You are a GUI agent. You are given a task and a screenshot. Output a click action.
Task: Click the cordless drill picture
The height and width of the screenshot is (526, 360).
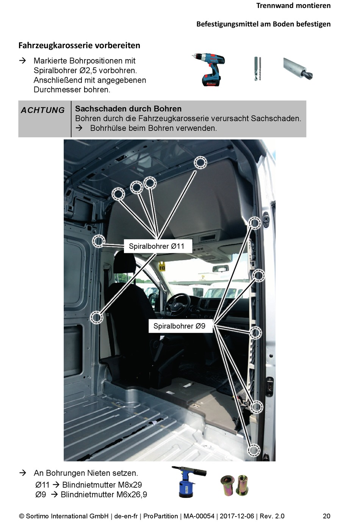(x=209, y=69)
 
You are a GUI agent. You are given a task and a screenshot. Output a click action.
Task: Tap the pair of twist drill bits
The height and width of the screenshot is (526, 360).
(x=257, y=69)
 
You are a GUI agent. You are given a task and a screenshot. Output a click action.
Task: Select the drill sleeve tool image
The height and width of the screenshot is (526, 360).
(x=297, y=69)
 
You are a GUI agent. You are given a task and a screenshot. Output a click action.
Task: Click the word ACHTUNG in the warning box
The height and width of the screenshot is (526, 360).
(x=43, y=110)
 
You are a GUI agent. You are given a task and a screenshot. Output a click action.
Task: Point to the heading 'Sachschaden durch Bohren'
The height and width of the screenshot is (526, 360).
(x=128, y=109)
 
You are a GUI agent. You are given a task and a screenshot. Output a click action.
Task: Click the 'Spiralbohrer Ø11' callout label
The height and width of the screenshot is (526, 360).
(x=157, y=246)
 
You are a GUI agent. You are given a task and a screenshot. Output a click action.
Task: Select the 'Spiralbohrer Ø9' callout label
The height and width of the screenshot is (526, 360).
(x=180, y=326)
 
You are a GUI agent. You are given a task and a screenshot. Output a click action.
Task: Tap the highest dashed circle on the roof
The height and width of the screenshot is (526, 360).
(x=200, y=162)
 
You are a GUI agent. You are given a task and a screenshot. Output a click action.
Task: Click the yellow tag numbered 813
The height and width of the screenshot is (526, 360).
(x=162, y=267)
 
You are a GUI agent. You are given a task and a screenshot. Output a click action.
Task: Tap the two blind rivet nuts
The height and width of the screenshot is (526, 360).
(x=235, y=485)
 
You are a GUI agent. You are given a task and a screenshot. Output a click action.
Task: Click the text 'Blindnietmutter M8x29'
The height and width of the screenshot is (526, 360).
(x=102, y=485)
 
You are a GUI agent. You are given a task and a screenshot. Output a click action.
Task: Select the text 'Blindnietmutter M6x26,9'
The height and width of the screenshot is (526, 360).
(x=104, y=495)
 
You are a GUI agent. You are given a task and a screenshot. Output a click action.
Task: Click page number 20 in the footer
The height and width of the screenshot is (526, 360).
(x=326, y=516)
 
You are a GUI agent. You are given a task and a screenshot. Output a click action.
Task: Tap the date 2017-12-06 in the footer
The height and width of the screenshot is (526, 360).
(x=237, y=516)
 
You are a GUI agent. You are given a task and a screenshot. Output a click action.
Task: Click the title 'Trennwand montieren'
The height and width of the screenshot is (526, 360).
(x=293, y=6)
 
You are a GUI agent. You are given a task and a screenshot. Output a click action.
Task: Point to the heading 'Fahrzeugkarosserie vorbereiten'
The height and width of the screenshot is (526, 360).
(x=79, y=46)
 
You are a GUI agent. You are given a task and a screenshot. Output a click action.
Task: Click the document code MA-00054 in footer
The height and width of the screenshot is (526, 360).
(x=199, y=516)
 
